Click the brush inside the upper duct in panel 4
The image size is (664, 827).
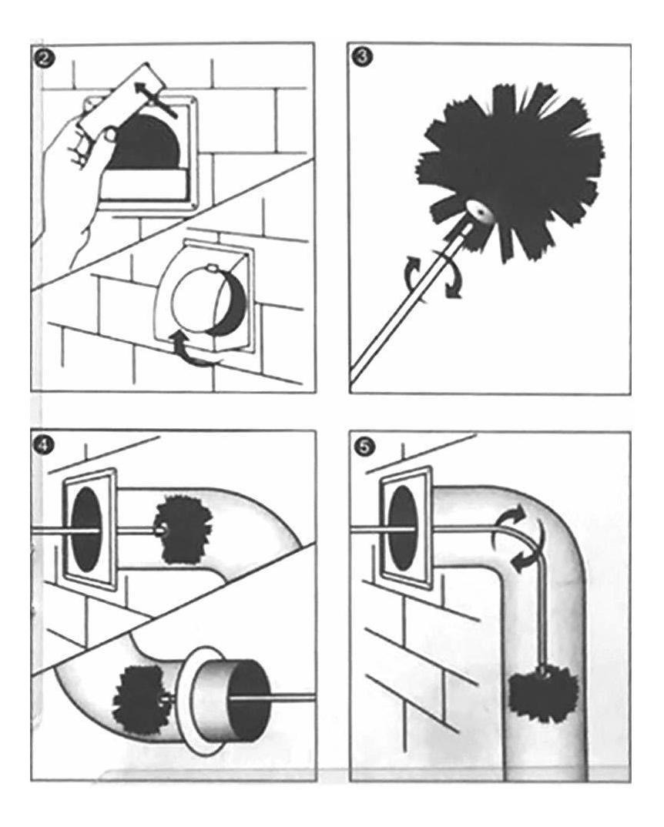(184, 531)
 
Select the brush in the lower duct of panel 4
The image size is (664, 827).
(139, 697)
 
